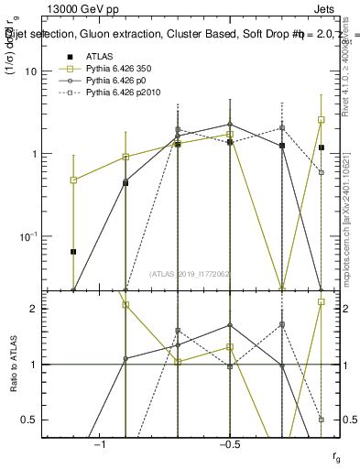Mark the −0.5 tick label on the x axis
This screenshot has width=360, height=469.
pyautogui.click(x=229, y=444)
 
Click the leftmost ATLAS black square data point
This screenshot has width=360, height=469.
pyautogui.click(x=73, y=251)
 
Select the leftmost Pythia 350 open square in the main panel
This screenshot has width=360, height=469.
pyautogui.click(x=73, y=180)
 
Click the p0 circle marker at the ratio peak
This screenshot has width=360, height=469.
pyautogui.click(x=230, y=325)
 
